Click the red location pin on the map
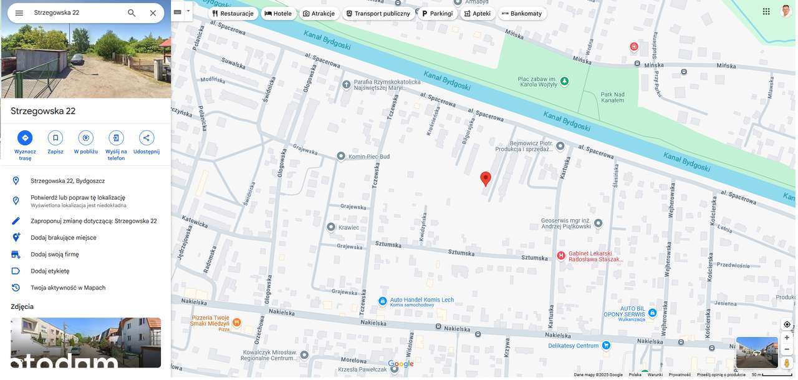pyautogui.click(x=486, y=178)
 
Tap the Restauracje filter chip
pyautogui.click(x=233, y=13)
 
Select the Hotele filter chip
pyautogui.click(x=278, y=13)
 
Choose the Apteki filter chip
pyautogui.click(x=477, y=13)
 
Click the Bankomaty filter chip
pyautogui.click(x=522, y=13)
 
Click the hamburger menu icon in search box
pyautogui.click(x=19, y=12)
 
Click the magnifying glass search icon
pyautogui.click(x=132, y=12)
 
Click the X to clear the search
pyautogui.click(x=153, y=12)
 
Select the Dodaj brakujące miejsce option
pyautogui.click(x=64, y=238)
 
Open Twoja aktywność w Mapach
pyautogui.click(x=68, y=288)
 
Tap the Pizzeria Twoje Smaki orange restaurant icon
pyautogui.click(x=237, y=323)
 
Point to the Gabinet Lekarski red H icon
pyautogui.click(x=561, y=256)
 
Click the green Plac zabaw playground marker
pyautogui.click(x=564, y=81)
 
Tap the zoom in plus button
pyautogui.click(x=787, y=338)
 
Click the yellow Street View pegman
pyautogui.click(x=787, y=363)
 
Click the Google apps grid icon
pyautogui.click(x=766, y=11)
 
